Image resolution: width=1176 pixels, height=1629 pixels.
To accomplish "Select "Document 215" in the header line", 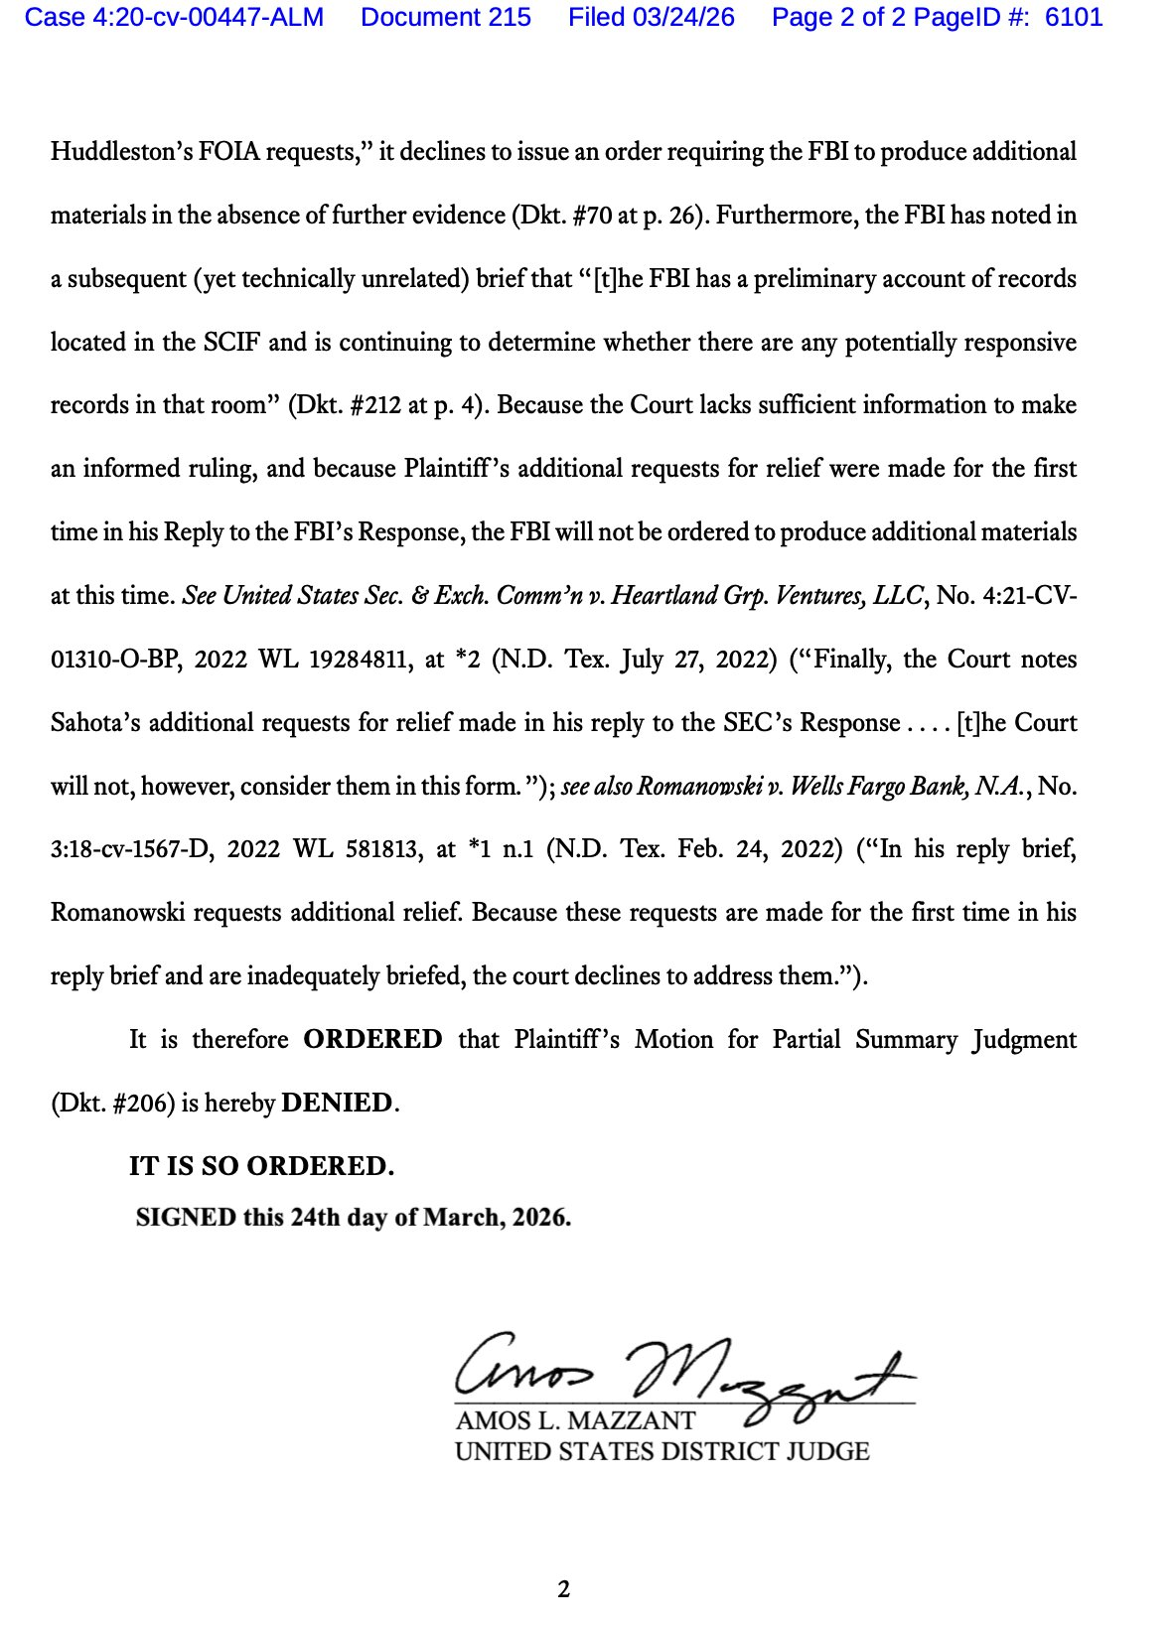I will (446, 18).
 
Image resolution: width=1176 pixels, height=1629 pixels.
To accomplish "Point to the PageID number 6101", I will (1074, 18).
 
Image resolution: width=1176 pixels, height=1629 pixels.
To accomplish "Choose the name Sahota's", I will (95, 722).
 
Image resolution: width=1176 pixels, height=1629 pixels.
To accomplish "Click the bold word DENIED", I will (337, 1103).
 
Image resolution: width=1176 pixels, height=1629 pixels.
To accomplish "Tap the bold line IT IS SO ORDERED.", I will (261, 1166).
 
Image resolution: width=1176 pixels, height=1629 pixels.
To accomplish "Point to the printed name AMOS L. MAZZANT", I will (575, 1420).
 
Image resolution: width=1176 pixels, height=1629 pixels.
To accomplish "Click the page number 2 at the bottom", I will (564, 1589).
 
